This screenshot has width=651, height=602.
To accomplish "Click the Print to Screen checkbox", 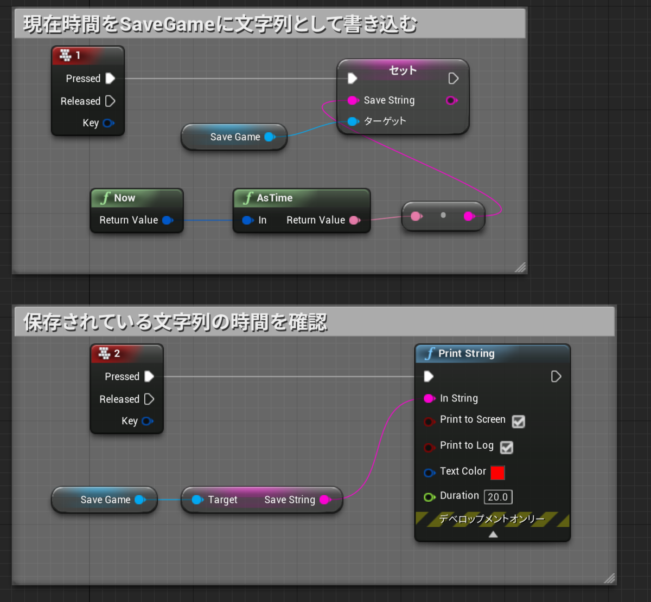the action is [x=518, y=421].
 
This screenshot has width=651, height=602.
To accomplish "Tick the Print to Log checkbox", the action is [x=507, y=447].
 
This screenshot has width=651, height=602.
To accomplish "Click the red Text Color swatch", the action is [x=497, y=472].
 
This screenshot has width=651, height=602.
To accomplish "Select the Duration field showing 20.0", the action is [x=498, y=497].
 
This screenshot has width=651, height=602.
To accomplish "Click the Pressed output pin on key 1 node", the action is [x=110, y=78].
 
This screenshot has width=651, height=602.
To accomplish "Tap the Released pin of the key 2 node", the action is [x=149, y=399].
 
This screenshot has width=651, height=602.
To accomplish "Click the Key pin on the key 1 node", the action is [x=108, y=123].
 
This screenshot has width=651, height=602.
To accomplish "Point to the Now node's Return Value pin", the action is [x=168, y=220].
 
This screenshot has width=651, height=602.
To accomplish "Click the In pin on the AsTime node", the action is [x=248, y=220].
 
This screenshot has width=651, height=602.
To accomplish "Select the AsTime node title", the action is [x=275, y=198].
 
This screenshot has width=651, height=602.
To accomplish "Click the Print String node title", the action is [x=466, y=353].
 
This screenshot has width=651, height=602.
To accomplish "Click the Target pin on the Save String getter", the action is [x=197, y=500].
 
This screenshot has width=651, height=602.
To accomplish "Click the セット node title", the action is [x=403, y=70].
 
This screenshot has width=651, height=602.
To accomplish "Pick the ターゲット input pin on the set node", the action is [x=353, y=121].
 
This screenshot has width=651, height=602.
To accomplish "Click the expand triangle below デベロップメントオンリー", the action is [x=493, y=534].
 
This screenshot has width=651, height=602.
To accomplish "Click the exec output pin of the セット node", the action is [x=453, y=78].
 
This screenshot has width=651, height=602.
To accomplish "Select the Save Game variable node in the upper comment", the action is [x=234, y=137].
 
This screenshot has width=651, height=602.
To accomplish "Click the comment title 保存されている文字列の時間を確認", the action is [x=175, y=322].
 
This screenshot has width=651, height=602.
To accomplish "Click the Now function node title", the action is [x=125, y=198].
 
